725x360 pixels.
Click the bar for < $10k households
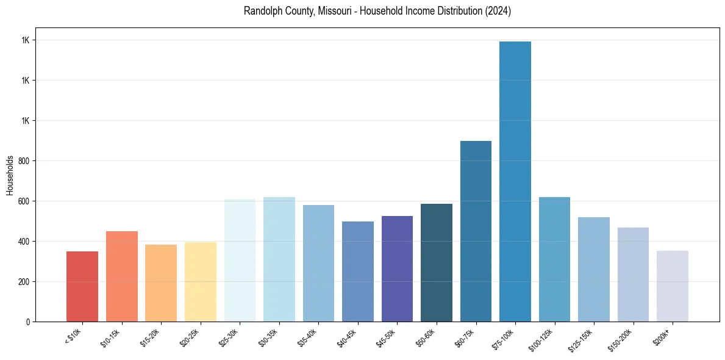pyautogui.click(x=82, y=286)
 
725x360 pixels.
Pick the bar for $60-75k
pyautogui.click(x=476, y=231)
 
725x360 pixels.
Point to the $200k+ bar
pyautogui.click(x=673, y=286)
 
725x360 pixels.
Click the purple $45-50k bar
pyautogui.click(x=397, y=268)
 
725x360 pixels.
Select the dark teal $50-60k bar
pyautogui.click(x=437, y=262)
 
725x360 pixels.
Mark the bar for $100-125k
pyautogui.click(x=554, y=259)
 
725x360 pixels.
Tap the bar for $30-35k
pyautogui.click(x=279, y=259)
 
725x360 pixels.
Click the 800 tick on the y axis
pyautogui.click(x=24, y=161)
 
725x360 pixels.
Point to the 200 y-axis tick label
pyautogui.click(x=24, y=282)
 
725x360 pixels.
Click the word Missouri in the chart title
pyautogui.click(x=335, y=11)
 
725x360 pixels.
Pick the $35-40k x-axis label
pyautogui.click(x=305, y=337)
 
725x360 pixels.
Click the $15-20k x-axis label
pyautogui.click(x=148, y=337)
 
